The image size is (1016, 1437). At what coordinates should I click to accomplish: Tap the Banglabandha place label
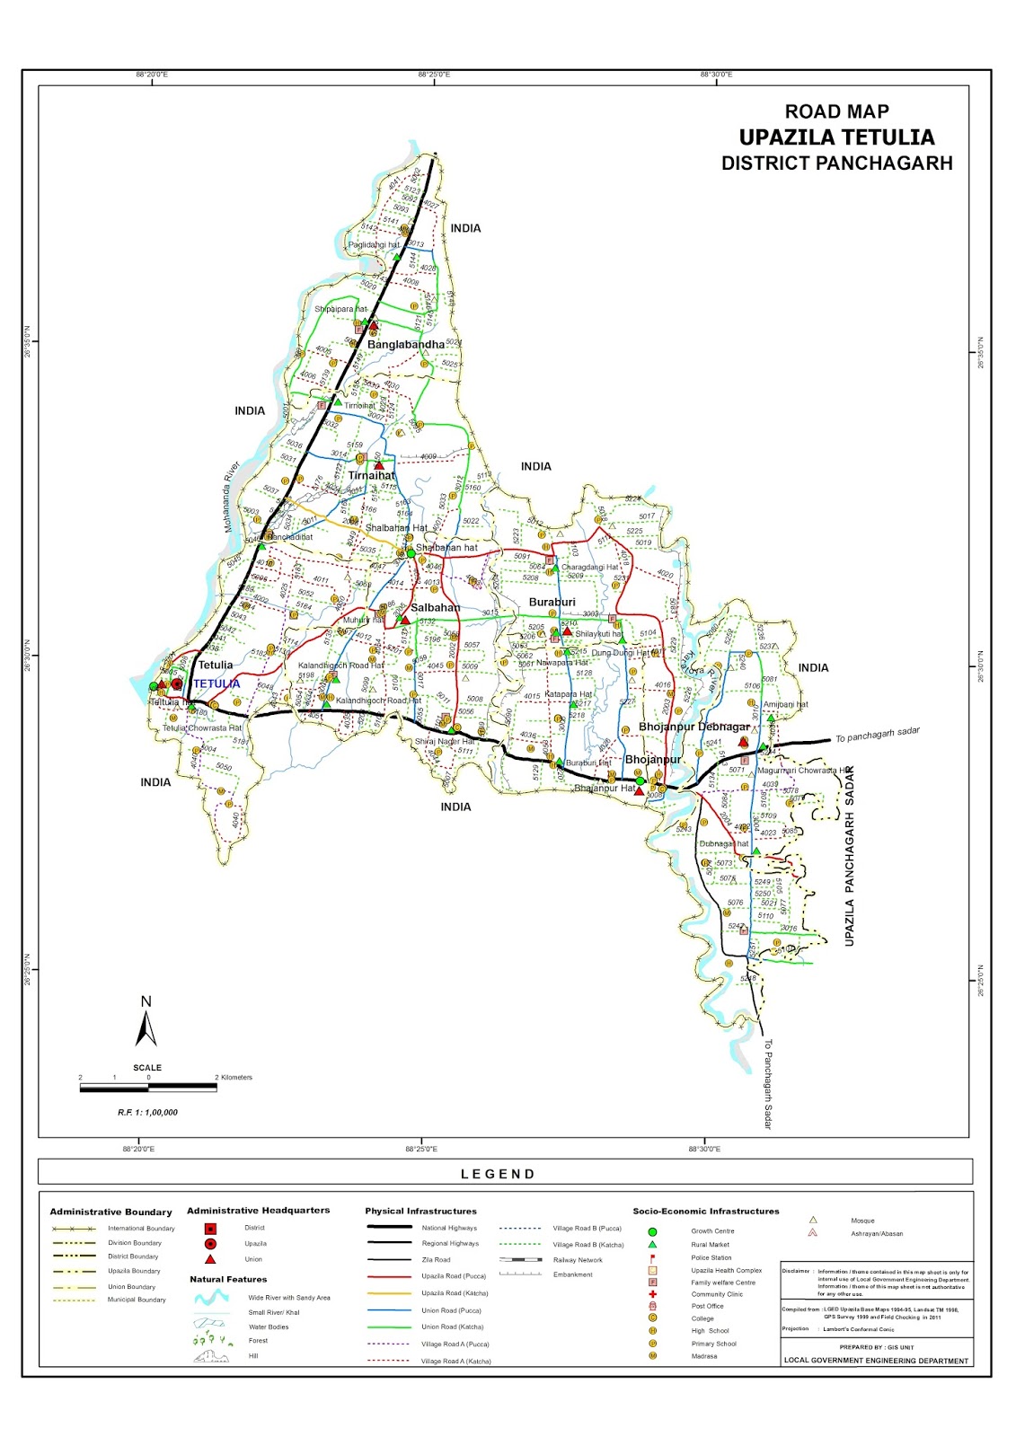click(405, 345)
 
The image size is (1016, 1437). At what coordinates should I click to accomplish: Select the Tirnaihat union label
click(371, 476)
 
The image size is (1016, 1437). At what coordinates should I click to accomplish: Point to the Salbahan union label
click(435, 608)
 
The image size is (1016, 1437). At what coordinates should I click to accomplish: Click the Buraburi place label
click(552, 603)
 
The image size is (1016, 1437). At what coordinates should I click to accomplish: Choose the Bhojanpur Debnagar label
click(694, 727)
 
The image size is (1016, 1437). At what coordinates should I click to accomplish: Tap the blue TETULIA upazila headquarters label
click(216, 683)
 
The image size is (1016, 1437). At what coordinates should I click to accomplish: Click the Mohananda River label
click(232, 497)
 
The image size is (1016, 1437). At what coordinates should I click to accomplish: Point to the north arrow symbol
click(146, 1024)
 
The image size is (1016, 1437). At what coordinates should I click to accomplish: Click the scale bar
click(148, 1088)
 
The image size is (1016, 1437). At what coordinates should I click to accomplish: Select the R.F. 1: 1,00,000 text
click(147, 1112)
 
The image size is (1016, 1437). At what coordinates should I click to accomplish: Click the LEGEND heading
click(498, 1174)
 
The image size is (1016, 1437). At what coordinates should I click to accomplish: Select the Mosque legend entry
click(861, 1221)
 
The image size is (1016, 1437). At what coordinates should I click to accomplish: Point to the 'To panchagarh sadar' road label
click(877, 735)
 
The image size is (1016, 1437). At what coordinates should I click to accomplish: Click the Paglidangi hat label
click(374, 244)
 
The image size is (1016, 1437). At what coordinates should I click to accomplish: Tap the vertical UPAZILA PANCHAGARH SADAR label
click(850, 855)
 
